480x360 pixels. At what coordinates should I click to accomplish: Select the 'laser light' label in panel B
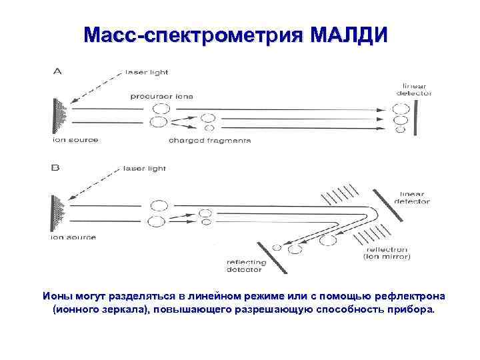(x=145, y=169)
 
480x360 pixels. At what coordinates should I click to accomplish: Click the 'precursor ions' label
(x=161, y=96)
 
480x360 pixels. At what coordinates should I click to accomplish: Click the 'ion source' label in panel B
(x=73, y=237)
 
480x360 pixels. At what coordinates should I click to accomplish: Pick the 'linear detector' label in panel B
(x=411, y=197)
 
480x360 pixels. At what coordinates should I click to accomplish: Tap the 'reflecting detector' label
(x=246, y=266)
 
